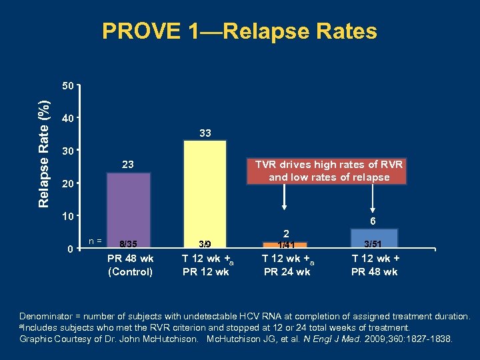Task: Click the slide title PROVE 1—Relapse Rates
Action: [239, 31]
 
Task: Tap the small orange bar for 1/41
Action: [287, 245]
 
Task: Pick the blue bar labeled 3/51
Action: [374, 238]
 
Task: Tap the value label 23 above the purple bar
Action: [129, 165]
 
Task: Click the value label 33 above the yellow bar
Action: [205, 133]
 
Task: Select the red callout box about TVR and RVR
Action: [326, 171]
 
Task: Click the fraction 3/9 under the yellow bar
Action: [205, 244]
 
